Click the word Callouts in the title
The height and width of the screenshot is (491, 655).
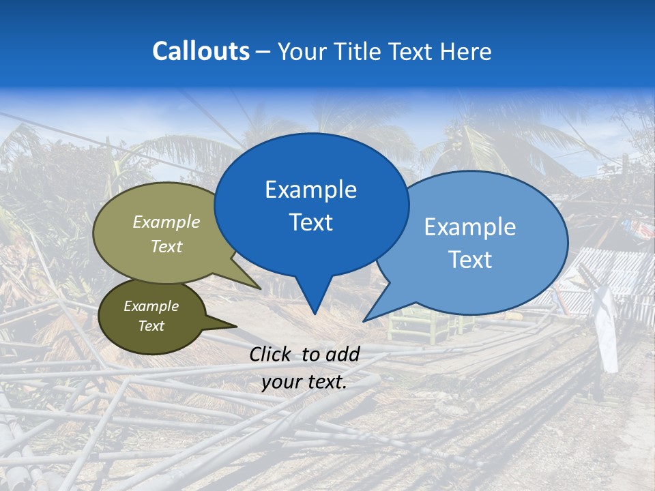[201, 51]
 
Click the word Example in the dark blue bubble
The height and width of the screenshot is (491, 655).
[311, 190]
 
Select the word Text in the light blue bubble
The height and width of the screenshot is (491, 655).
[470, 260]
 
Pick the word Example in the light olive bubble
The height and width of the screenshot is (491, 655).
[166, 222]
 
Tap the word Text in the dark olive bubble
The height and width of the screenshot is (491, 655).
[151, 326]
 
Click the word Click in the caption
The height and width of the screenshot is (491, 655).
[272, 354]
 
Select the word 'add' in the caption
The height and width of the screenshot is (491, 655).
[343, 354]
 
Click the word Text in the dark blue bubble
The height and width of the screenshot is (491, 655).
[311, 222]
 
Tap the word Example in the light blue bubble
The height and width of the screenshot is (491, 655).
[470, 227]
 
